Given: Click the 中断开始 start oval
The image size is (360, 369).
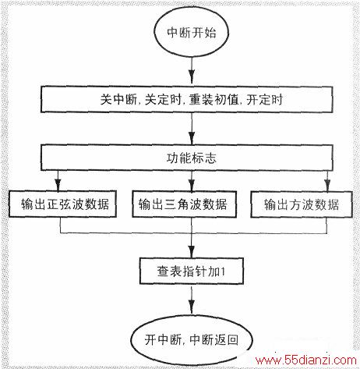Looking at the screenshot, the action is point(191,33).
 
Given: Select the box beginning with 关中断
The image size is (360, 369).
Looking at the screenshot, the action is point(186,100).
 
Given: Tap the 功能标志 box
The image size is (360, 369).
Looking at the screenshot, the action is point(186,158).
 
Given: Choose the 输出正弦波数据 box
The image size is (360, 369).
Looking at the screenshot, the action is point(62,204).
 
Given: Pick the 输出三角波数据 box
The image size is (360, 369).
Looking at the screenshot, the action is point(184,204).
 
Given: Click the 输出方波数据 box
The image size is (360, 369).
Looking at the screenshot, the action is point(302,204).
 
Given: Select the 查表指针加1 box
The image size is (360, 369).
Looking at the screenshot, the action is point(192,271).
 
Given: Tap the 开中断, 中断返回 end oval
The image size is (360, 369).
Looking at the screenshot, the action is point(192,340).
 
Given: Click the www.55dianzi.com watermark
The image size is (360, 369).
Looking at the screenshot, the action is point(306,360).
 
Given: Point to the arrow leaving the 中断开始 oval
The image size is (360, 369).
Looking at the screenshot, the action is point(192,70).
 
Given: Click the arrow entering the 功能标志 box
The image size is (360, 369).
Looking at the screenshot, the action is point(192,129).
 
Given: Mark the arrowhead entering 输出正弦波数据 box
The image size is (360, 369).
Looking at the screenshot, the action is point(58,185).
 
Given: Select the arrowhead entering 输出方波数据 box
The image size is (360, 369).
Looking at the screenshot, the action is point(327,186).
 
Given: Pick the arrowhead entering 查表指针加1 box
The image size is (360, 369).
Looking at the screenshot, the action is point(192,251).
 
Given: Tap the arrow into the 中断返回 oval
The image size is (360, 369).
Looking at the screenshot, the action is point(192,300).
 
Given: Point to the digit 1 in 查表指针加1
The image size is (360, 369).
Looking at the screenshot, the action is point(222,272).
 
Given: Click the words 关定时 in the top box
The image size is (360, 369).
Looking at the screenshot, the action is point(163,100).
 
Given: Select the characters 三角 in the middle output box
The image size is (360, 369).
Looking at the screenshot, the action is point(176,204).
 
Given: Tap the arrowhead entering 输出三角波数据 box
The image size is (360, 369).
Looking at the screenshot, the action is point(192,185).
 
